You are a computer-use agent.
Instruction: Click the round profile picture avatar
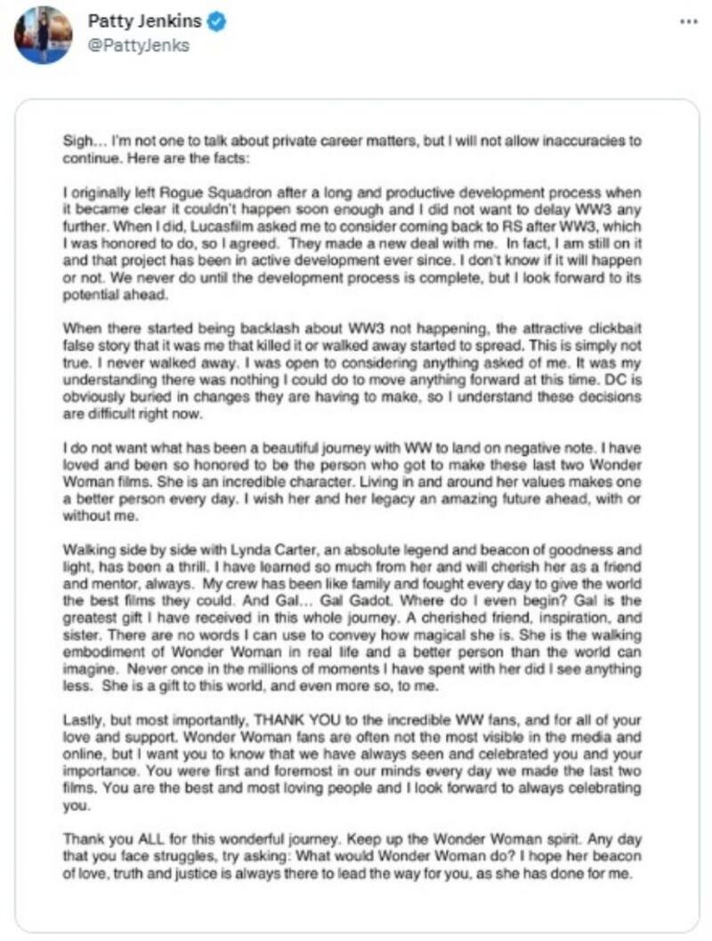pyautogui.click(x=43, y=35)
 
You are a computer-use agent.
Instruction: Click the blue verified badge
pyautogui.click(x=216, y=21)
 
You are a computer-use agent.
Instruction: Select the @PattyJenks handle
pyautogui.click(x=138, y=45)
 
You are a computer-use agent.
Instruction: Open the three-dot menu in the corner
pyautogui.click(x=688, y=21)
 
